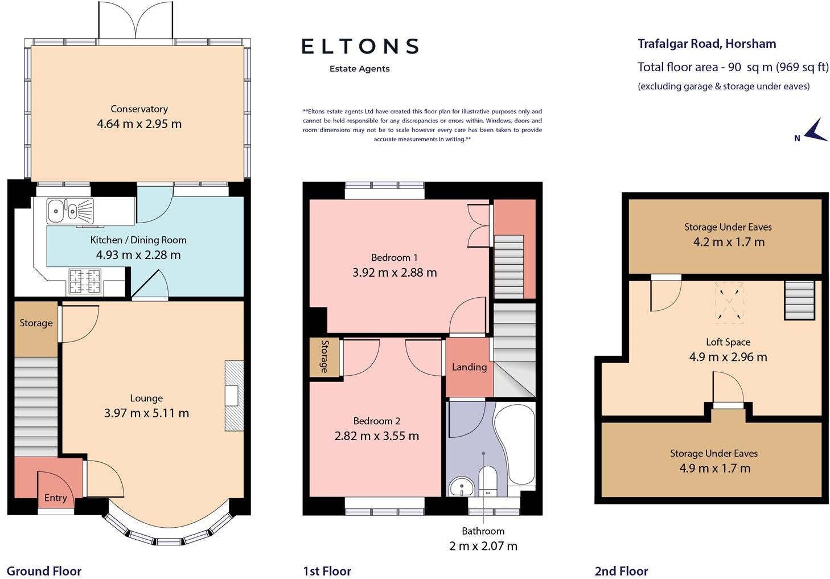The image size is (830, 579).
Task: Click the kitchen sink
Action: [x=70, y=211]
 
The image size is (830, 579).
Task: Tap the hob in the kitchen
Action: [x=85, y=281]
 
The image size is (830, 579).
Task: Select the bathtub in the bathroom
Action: [x=516, y=445]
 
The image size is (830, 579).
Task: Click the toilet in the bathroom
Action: [x=488, y=481]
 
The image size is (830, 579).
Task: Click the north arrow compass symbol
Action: [x=816, y=130]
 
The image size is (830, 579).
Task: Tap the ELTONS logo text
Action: [x=360, y=47]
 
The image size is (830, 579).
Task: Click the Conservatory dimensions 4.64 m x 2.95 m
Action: [x=139, y=124]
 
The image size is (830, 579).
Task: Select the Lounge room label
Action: [x=146, y=398]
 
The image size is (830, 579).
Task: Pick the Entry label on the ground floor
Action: [x=56, y=498]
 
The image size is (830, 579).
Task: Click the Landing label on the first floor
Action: [x=469, y=367]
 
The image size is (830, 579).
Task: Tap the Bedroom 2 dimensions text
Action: [x=376, y=436]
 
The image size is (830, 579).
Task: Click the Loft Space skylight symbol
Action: [x=729, y=303]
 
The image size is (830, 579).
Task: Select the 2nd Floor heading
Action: [x=622, y=571]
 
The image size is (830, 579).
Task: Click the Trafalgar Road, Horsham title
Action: [x=706, y=44]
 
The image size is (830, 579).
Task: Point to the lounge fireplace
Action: [x=234, y=396]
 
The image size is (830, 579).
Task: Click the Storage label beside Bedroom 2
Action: [x=324, y=356]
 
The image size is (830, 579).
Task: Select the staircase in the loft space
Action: [x=799, y=300]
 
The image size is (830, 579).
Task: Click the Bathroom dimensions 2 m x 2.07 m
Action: [x=483, y=546]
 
